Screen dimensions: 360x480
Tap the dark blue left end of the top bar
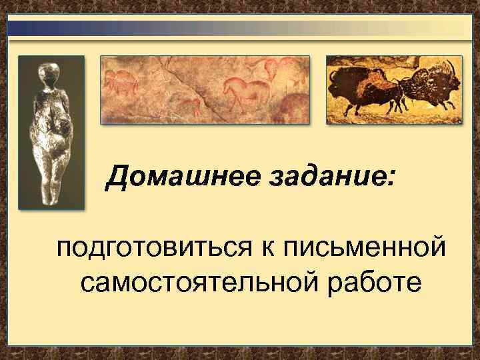pos(20,27)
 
